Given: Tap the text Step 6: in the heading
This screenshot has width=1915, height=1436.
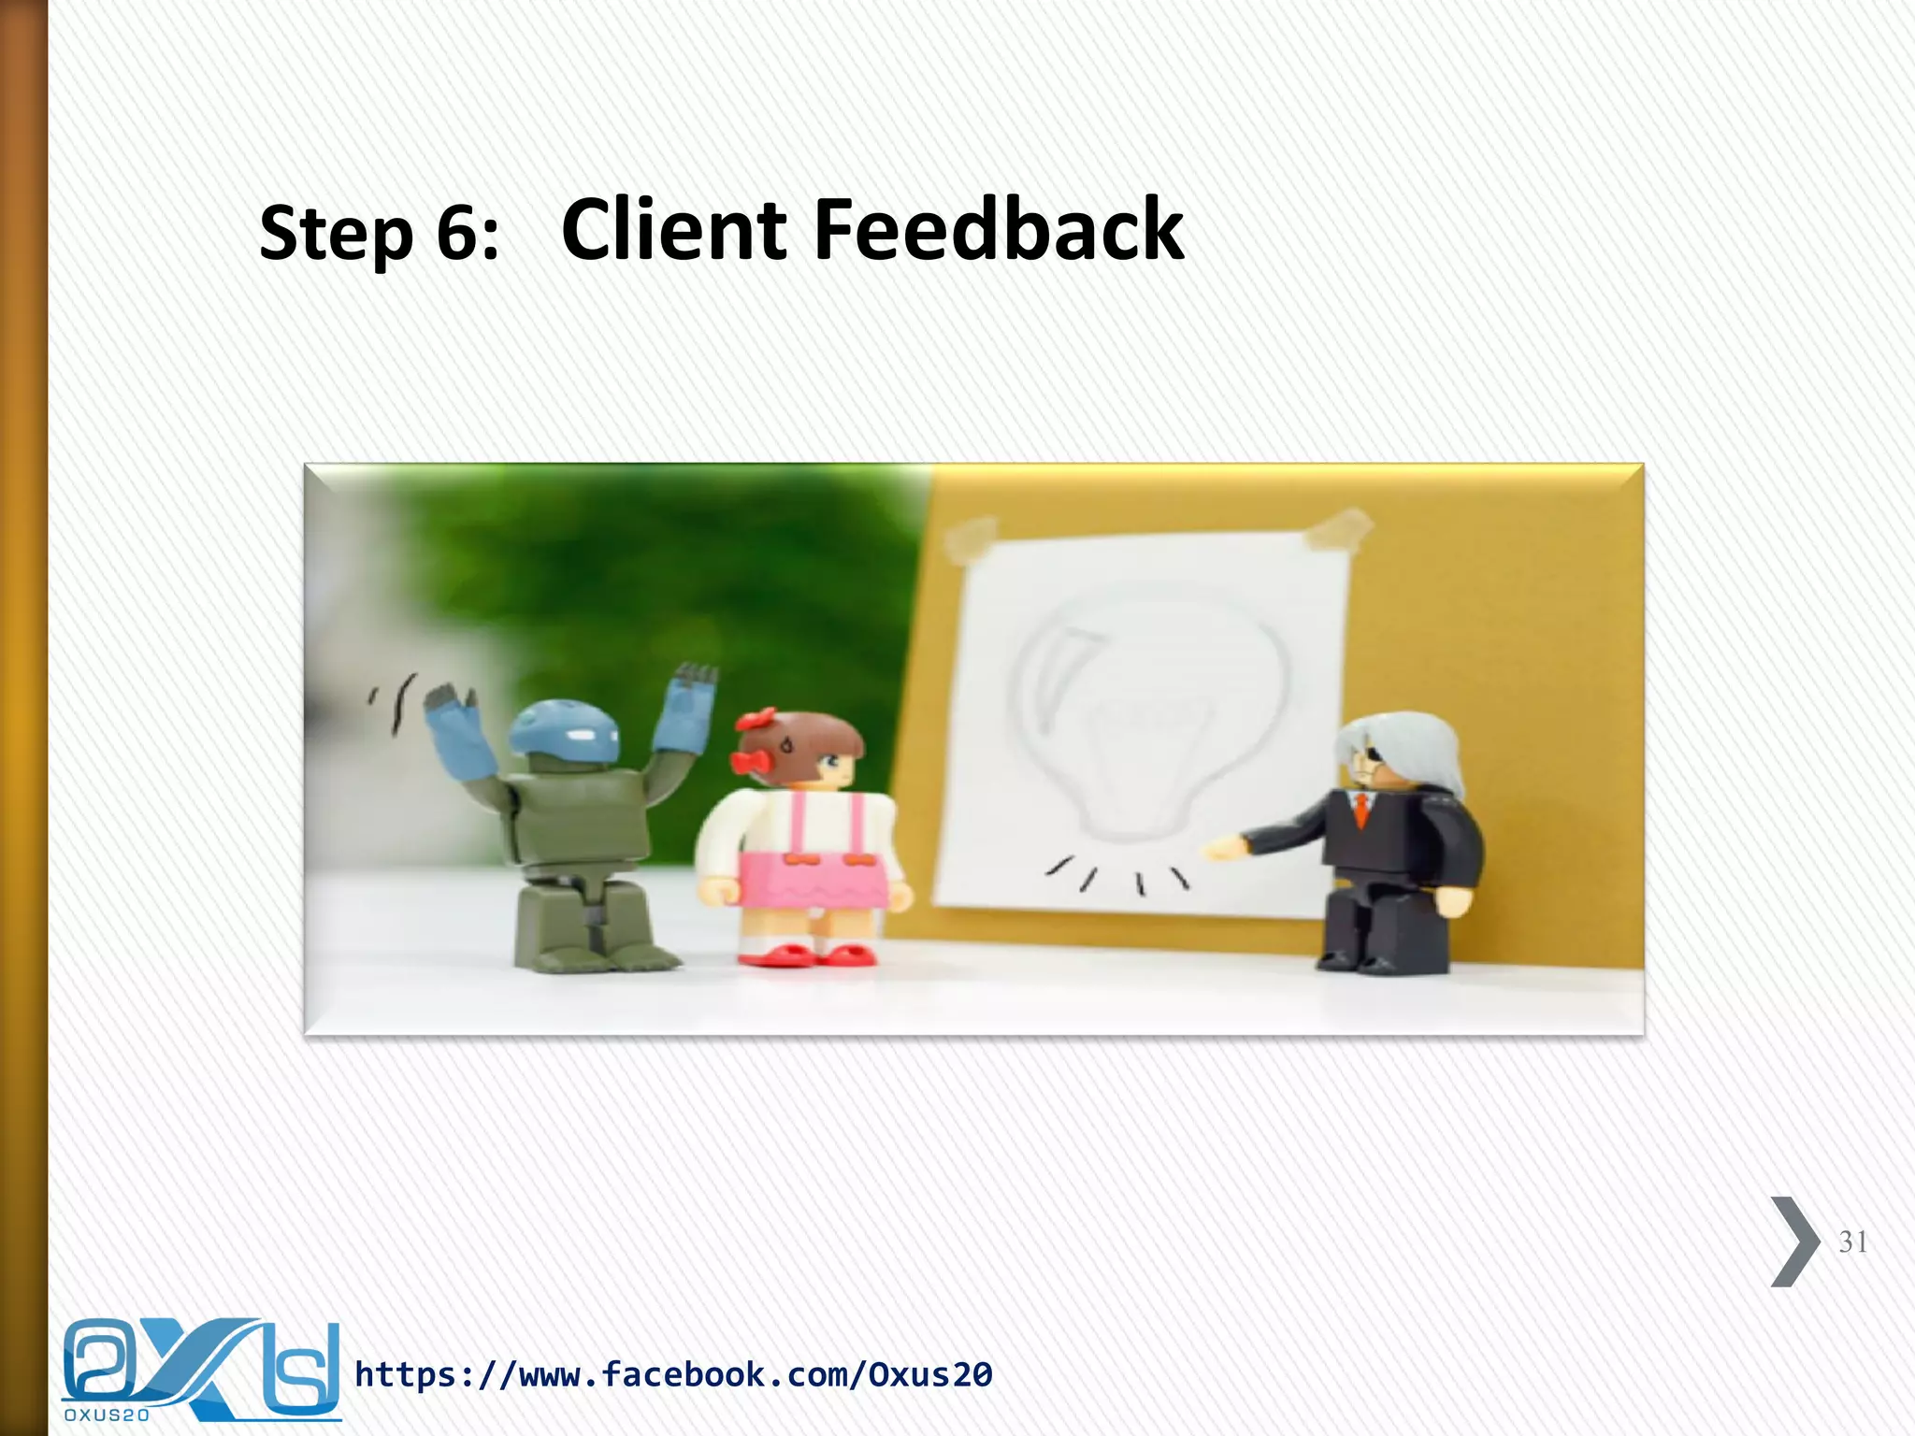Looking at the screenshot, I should point(379,234).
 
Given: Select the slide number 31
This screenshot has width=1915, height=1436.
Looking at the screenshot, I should point(1852,1242).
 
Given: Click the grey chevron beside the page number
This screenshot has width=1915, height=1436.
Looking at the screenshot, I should point(1794,1242).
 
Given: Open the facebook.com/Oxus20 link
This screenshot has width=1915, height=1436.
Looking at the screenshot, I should point(673,1374).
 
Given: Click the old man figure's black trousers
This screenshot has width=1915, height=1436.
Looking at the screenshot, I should point(1384,926).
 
